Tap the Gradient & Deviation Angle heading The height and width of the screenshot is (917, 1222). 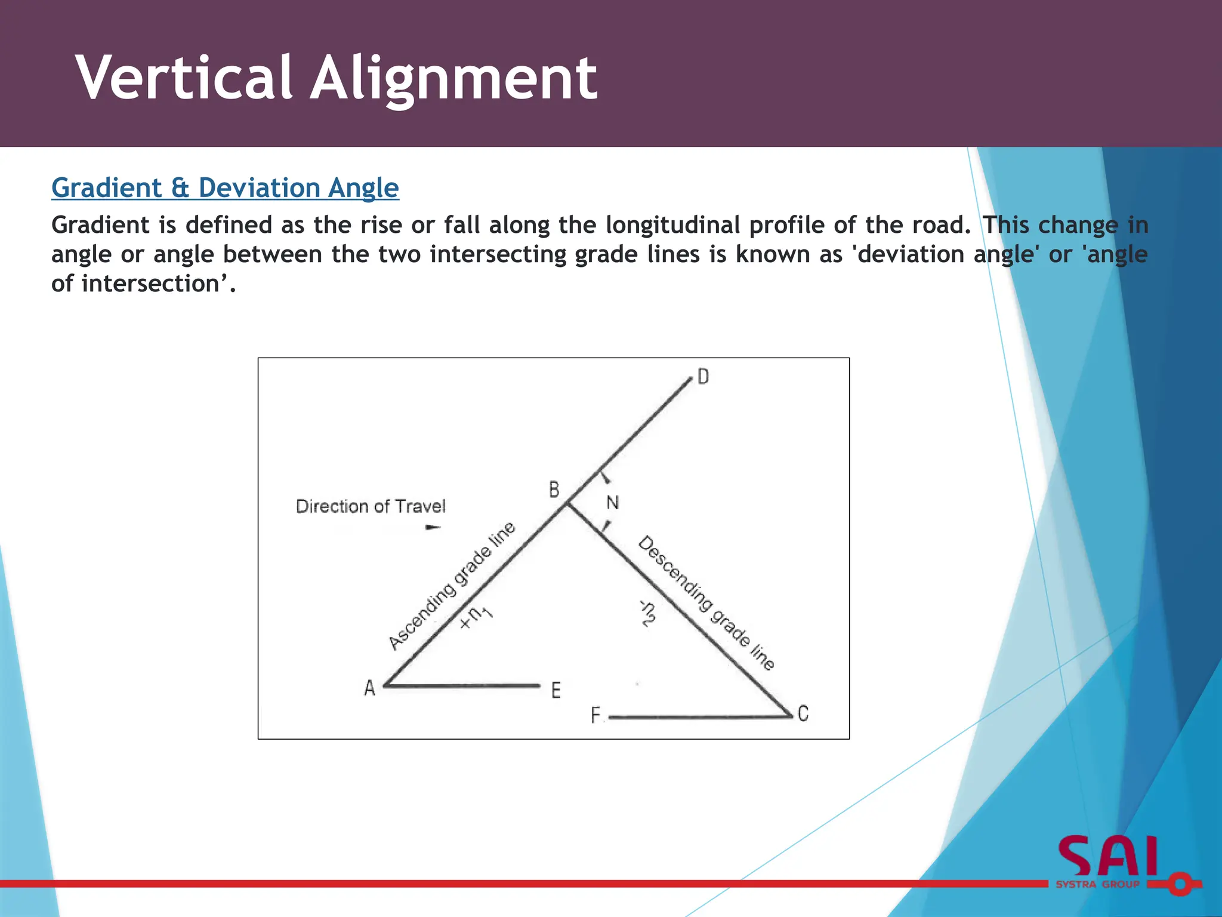(225, 187)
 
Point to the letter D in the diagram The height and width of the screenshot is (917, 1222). (703, 377)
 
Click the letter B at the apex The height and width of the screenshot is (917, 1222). (554, 490)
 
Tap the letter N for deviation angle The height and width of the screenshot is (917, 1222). (612, 503)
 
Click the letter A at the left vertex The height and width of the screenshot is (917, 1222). (369, 688)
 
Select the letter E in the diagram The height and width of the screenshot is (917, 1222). (556, 690)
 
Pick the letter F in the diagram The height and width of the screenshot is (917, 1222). (595, 715)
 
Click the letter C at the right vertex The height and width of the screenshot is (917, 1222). (803, 713)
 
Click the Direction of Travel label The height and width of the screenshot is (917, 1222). (371, 506)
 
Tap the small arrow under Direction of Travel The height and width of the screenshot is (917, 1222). (433, 527)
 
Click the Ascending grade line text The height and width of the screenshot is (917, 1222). (452, 585)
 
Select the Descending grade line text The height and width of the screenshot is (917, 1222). (706, 603)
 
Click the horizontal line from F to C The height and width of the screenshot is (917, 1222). (698, 717)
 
